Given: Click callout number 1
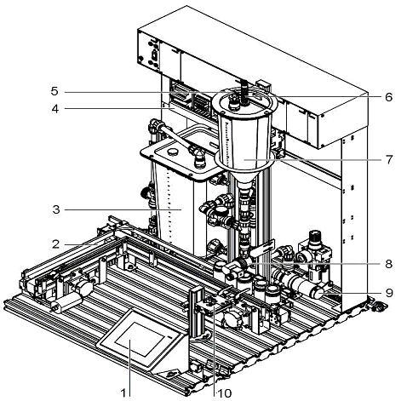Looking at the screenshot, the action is pos(123,393).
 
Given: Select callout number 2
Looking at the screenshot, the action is pos(56,244).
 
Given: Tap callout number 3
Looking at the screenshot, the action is pos(56,209).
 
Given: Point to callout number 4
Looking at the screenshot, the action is pos(55,108).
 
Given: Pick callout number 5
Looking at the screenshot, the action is pos(54,91).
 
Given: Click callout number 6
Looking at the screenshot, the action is pos(389,97).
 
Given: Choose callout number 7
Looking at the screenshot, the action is pos(389,160).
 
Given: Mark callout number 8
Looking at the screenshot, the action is pos(389,264).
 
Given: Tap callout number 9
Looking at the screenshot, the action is pos(389,292).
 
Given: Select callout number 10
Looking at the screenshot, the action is pos(225,393).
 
